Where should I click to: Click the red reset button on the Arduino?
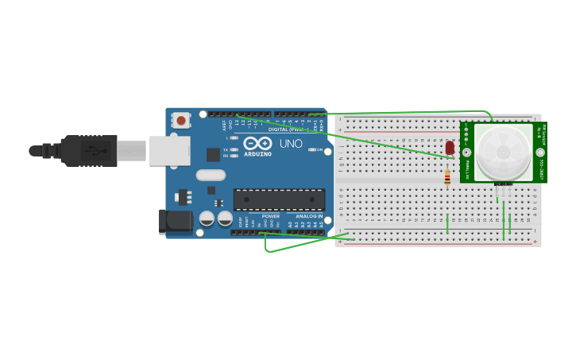(181, 121)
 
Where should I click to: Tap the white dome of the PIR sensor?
(504, 152)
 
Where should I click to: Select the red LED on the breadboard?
(450, 148)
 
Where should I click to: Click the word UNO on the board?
(291, 144)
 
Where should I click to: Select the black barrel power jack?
(175, 222)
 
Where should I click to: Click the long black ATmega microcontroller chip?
(278, 199)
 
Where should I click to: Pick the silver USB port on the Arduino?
(169, 150)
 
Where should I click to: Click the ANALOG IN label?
(308, 216)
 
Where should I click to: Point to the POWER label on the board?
(271, 216)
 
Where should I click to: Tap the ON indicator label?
(320, 149)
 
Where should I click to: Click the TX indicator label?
(226, 149)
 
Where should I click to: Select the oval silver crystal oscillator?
(211, 176)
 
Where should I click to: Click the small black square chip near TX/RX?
(213, 155)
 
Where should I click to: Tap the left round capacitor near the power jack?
(207, 218)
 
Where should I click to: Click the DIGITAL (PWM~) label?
(286, 129)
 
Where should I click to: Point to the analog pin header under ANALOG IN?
(305, 232)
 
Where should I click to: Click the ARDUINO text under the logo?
(257, 153)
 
